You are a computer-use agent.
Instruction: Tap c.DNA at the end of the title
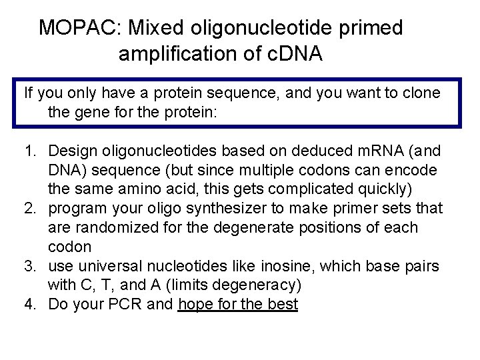(x=291, y=54)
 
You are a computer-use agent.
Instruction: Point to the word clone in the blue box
(x=421, y=93)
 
